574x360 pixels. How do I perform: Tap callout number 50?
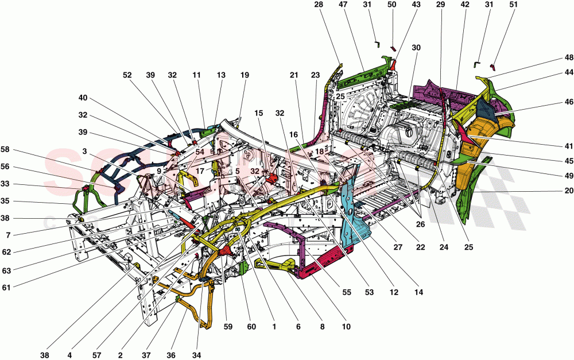392,5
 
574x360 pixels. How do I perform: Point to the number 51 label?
513,5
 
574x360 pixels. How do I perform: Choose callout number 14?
419,292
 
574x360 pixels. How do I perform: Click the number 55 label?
346,292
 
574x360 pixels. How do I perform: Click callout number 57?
95,355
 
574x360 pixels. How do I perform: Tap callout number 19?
245,75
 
